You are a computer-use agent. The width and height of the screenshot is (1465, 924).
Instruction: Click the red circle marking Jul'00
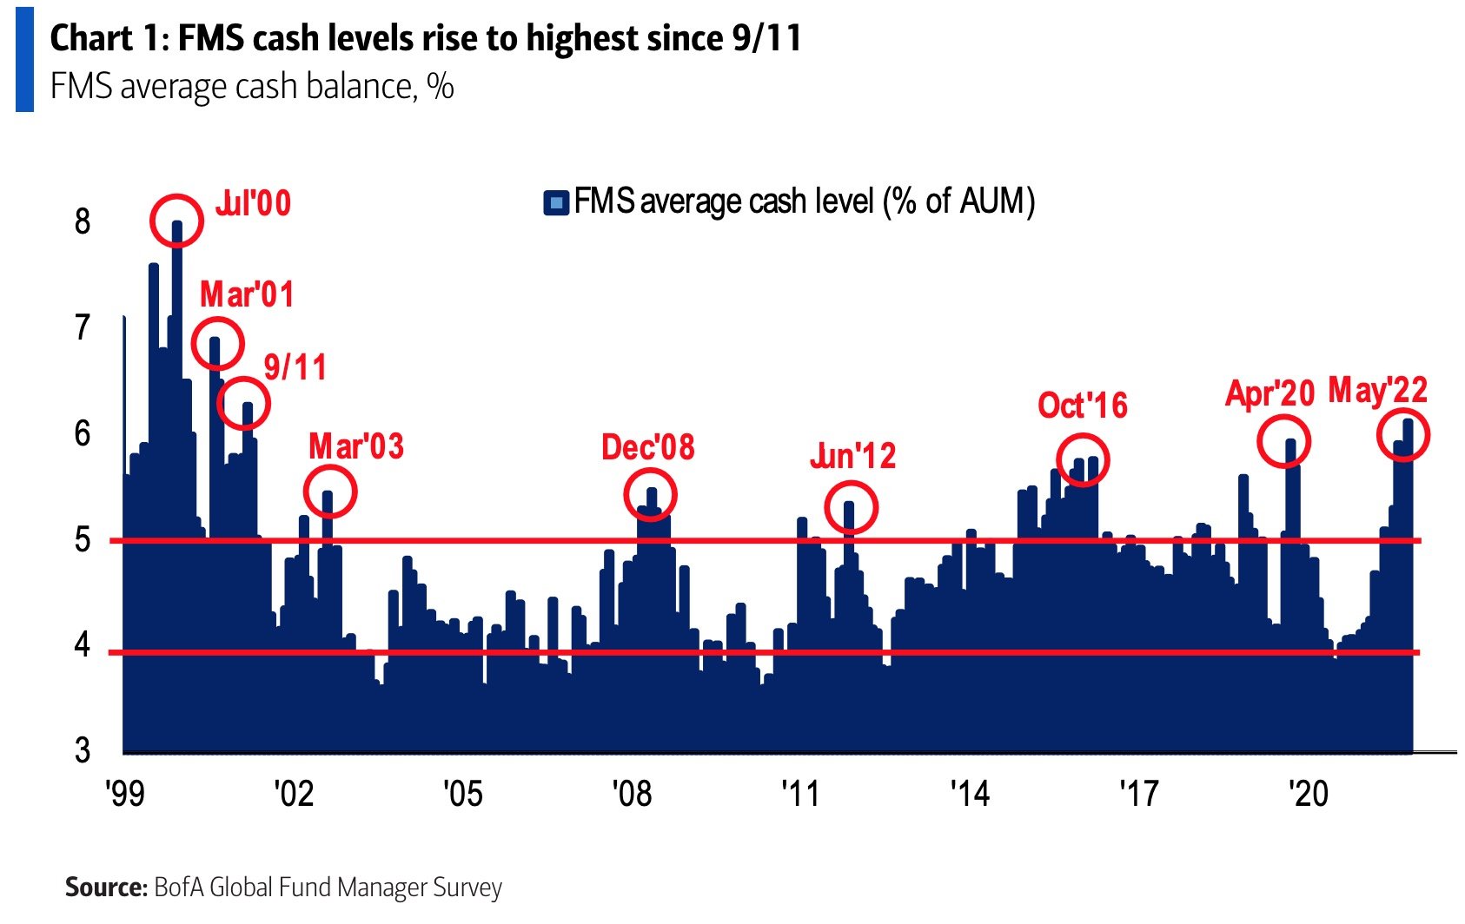click(x=176, y=221)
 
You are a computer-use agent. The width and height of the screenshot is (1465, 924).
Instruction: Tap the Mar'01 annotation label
click(x=247, y=295)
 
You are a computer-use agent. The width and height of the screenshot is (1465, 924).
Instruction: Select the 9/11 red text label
click(x=295, y=367)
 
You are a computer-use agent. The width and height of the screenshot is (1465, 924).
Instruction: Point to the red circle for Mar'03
click(x=330, y=492)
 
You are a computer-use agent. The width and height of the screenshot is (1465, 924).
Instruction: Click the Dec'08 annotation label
click(x=648, y=447)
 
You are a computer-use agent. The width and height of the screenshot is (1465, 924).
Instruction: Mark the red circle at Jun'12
click(x=851, y=507)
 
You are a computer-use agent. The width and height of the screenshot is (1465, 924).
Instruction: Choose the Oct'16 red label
click(x=1083, y=406)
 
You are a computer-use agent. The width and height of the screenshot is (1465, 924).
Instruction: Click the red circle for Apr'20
click(x=1283, y=441)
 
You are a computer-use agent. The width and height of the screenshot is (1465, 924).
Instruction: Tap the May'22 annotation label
click(x=1378, y=390)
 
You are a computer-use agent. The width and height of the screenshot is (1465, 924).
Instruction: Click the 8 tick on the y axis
click(x=83, y=221)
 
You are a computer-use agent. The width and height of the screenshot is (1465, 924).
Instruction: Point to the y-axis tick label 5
click(x=83, y=540)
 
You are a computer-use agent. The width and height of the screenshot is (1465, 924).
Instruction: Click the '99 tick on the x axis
click(x=125, y=793)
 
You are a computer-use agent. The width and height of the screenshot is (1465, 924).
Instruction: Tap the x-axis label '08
click(x=632, y=793)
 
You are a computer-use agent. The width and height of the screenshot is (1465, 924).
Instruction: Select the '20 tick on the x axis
click(x=1308, y=793)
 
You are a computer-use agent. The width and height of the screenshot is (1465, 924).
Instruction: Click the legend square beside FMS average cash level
click(x=555, y=203)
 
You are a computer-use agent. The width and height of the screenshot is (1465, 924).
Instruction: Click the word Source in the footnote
click(x=105, y=888)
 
